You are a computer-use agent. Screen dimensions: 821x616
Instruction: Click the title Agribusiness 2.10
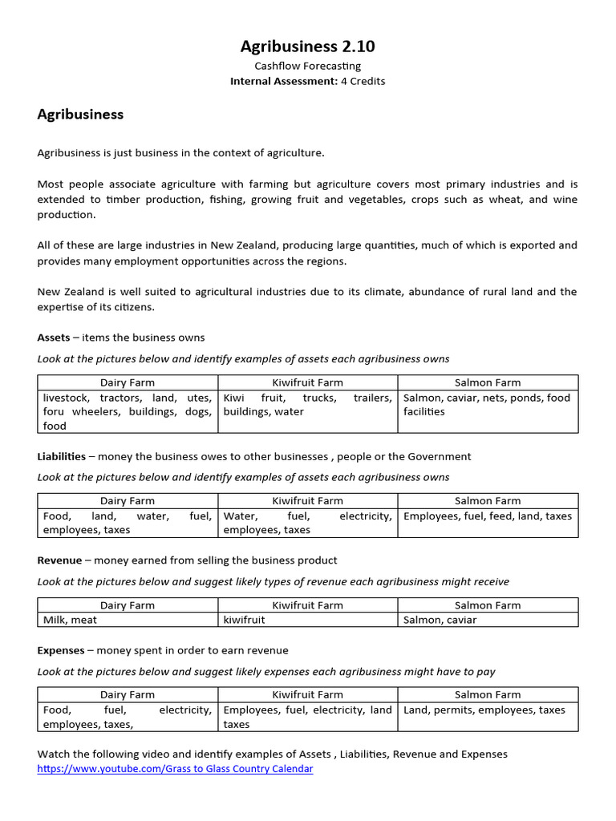coord(307,47)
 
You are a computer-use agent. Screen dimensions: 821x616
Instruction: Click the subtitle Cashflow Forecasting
coord(307,66)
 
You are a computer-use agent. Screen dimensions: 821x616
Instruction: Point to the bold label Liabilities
coord(61,456)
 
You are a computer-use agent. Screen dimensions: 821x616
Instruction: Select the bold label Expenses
coord(60,650)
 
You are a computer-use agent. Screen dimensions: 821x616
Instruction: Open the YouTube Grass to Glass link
coord(175,769)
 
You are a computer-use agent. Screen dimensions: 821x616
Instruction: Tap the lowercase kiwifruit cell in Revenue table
coord(244,620)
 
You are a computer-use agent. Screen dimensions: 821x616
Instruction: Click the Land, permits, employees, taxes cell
coord(484,710)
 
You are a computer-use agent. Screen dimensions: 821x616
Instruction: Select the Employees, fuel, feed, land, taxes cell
coord(488,516)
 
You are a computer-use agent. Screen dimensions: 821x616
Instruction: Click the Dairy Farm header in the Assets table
coord(128,382)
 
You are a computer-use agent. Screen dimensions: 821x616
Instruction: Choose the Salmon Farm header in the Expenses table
coord(488,694)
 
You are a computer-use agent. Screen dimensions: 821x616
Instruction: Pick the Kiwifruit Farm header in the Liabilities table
coord(307,501)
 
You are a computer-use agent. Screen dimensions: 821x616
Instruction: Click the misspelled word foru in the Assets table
coord(55,412)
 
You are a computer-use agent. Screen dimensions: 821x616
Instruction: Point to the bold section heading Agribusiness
coord(80,115)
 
